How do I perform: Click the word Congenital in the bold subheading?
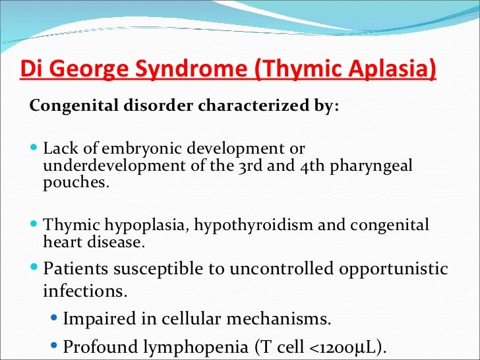(66, 107)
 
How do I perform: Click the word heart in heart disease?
(60, 242)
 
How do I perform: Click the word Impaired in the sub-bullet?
(96, 319)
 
